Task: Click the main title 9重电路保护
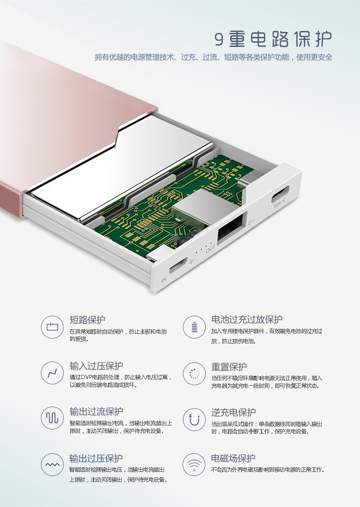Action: tap(273, 39)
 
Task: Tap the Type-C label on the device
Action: tap(279, 203)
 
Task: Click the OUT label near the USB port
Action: tap(210, 248)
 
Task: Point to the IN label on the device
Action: tap(164, 279)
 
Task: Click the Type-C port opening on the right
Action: tap(280, 193)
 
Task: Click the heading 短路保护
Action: tap(87, 320)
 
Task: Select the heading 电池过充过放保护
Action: tap(247, 319)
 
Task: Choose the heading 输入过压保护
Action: tap(97, 366)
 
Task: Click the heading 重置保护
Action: tap(229, 367)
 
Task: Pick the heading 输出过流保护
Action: tap(97, 411)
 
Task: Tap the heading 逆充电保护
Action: tap(233, 412)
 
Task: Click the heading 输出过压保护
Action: tap(96, 458)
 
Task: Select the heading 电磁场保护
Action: tap(233, 458)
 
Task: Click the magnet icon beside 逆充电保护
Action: tap(194, 420)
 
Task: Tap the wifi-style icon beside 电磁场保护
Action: tap(194, 465)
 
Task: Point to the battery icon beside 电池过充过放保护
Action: tap(194, 327)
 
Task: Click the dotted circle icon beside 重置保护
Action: tap(194, 374)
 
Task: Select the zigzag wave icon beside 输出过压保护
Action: tap(52, 465)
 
